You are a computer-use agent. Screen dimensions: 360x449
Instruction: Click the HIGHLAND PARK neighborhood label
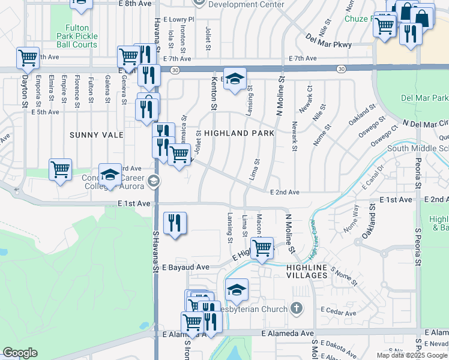tap(240, 133)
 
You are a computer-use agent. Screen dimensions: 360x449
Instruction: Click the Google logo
tap(20, 353)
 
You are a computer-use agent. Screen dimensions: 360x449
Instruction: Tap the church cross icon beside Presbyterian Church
tap(295, 309)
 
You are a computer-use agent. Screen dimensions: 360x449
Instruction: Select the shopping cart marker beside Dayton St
tap(28, 58)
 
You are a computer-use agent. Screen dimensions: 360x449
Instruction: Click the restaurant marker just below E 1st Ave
tap(175, 223)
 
